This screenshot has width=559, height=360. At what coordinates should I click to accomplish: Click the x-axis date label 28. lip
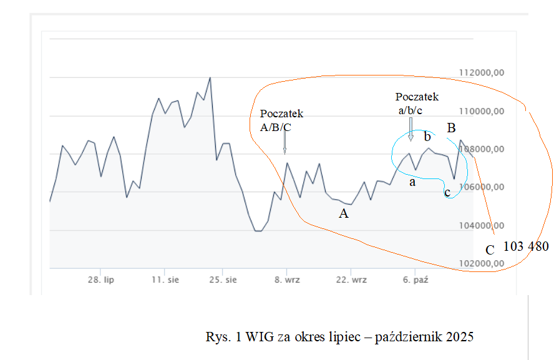tap(100, 280)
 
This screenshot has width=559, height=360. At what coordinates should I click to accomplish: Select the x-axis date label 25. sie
tap(223, 280)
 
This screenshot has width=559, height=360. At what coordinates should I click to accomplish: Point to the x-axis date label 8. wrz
tap(286, 280)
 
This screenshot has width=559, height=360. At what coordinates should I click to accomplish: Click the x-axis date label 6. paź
tap(414, 280)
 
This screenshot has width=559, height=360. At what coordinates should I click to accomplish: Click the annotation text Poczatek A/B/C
tap(281, 120)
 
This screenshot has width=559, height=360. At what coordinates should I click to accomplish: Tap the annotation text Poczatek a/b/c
tap(416, 104)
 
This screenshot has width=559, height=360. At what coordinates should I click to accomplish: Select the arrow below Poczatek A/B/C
tap(284, 143)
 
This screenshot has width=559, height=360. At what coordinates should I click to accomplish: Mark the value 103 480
tap(525, 246)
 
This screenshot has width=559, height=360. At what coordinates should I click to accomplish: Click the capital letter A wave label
tap(343, 214)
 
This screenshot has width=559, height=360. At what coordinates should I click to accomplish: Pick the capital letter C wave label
tap(490, 250)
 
